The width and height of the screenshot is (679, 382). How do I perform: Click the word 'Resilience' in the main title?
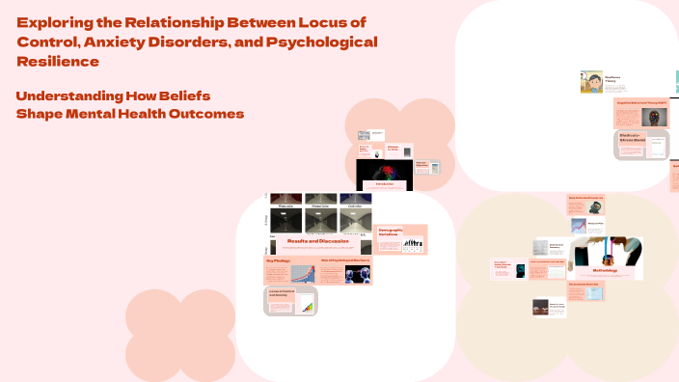pos(58,62)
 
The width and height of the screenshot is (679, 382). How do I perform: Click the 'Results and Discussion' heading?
pos(319,240)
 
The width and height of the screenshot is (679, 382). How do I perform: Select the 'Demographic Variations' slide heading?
pos(390,233)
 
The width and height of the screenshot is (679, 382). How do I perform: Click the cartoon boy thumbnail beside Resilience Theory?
pos(591,82)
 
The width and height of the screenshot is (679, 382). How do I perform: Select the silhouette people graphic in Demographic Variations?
pos(413,245)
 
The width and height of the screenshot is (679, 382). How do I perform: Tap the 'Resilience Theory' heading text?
pos(614,79)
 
